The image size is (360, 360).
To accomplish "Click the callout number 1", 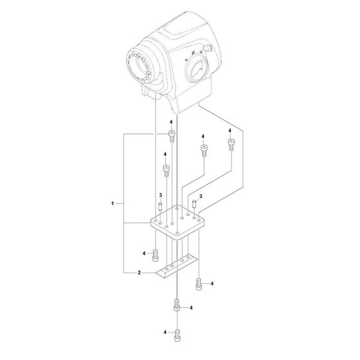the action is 113,203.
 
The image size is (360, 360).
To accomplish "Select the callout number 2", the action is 139,273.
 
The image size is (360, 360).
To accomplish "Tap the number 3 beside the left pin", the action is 161,195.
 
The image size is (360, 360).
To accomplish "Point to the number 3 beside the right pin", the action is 201,196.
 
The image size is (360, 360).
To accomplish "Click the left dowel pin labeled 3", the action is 160,206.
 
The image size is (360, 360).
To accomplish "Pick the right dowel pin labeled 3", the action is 195,204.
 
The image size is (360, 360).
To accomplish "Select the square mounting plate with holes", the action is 177,222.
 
